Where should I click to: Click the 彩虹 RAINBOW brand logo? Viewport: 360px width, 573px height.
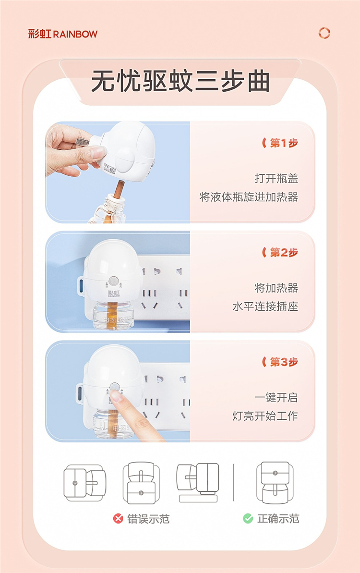63,34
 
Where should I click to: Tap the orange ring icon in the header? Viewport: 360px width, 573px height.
324,33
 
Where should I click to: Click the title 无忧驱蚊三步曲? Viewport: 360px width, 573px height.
180,81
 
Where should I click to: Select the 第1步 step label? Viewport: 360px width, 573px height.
280,143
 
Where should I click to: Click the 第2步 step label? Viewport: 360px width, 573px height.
280,252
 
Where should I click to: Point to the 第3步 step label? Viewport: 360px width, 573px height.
280,362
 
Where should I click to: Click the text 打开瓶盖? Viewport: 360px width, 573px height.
276,178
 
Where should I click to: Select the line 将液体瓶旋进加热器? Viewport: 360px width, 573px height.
249,197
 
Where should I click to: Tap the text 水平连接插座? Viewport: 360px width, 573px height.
265,306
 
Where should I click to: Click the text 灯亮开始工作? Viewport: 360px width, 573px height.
265,416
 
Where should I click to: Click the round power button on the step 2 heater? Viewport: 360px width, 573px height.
114,281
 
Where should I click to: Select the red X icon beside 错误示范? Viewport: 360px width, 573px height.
118,518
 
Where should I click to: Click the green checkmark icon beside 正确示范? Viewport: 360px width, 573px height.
248,518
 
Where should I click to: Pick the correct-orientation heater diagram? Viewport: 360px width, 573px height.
275,482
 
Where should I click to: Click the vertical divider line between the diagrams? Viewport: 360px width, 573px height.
233,482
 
